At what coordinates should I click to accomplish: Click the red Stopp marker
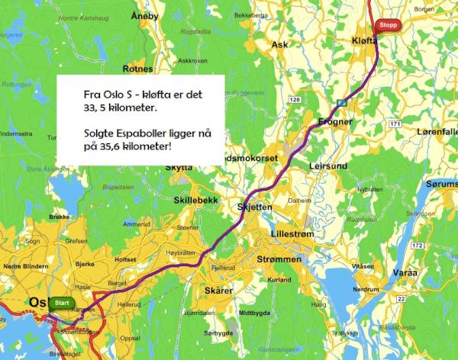pyautogui.click(x=389, y=24)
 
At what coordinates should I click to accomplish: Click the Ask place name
pyautogui.click(x=279, y=44)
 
